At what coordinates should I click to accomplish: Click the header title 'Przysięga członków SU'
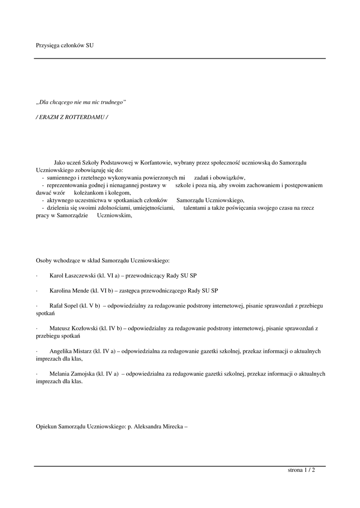(x=65, y=45)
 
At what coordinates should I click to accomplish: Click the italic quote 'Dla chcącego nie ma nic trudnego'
(x=81, y=102)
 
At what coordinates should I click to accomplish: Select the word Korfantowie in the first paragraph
(x=156, y=162)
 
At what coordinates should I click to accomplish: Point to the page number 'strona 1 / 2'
(x=301, y=470)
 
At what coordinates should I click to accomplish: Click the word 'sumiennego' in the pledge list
(x=61, y=178)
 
